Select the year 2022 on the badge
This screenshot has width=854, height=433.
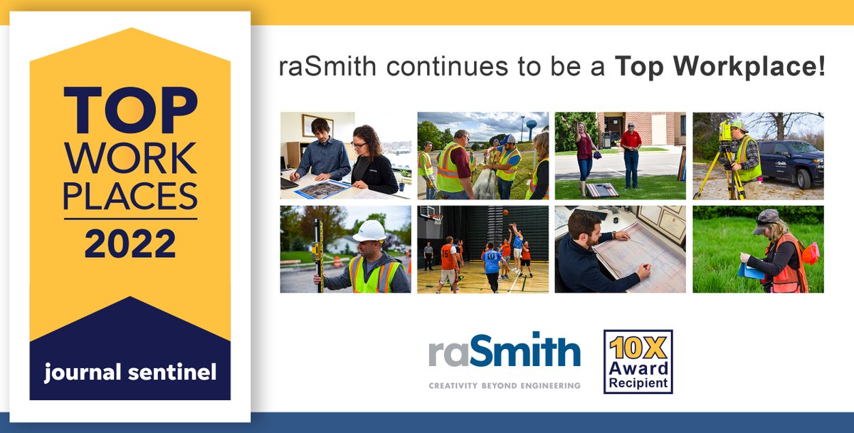coord(130,244)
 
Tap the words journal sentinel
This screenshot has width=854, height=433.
coord(130,372)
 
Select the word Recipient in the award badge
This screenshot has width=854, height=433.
coord(638,383)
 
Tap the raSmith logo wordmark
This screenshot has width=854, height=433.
coord(505,353)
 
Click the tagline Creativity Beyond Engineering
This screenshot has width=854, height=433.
coord(505,385)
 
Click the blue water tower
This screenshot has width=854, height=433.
coord(531,126)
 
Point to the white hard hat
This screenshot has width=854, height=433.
coord(369,231)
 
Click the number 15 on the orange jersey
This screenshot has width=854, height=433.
coord(446,254)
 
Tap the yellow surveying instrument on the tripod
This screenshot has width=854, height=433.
coord(725,132)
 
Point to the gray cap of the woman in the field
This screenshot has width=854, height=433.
coord(766,216)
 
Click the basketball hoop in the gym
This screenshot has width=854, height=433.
coord(435,214)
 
